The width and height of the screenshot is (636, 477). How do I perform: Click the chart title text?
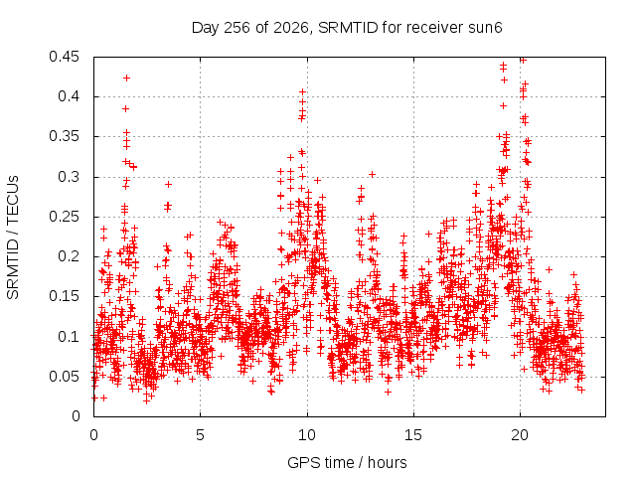[347, 28]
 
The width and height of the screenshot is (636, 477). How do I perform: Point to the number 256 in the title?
[237, 28]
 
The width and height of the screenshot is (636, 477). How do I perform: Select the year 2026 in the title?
[291, 28]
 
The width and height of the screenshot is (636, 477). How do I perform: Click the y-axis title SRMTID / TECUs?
[13, 238]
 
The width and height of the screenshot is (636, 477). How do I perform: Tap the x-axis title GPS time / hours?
[347, 462]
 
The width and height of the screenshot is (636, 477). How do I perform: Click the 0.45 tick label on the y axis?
[64, 57]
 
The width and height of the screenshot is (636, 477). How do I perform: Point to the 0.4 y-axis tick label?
[69, 96]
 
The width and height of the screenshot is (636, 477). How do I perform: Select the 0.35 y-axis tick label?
[64, 137]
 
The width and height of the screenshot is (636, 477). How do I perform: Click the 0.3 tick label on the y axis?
[69, 177]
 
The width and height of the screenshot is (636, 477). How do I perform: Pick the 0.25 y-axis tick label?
[64, 217]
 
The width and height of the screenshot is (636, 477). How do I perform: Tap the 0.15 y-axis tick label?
[64, 296]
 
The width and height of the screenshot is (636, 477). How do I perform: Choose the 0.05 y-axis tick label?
[64, 377]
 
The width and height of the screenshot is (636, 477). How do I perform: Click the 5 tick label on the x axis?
[200, 435]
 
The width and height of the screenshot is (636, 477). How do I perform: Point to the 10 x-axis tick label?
[307, 435]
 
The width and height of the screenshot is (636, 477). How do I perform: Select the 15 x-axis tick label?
[413, 435]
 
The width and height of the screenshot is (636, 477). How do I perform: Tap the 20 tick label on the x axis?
[520, 435]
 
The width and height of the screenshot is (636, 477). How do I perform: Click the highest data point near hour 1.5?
[126, 78]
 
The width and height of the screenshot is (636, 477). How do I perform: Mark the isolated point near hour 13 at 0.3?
[372, 175]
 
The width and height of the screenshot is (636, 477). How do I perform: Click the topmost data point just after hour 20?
[523, 61]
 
